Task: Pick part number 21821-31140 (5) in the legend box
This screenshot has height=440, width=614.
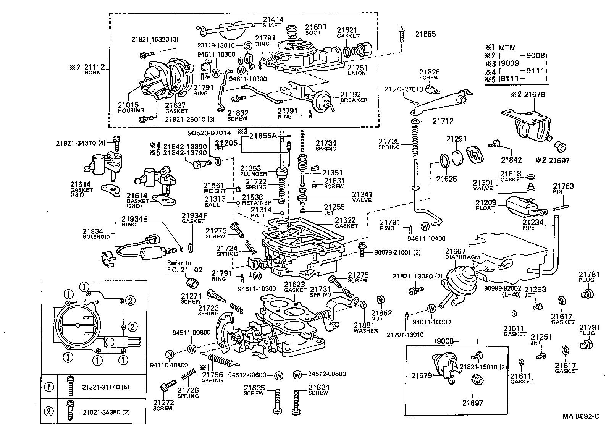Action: point(105,387)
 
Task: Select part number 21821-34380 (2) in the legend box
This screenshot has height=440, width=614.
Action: point(106,412)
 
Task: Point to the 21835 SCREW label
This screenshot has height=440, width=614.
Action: point(254,390)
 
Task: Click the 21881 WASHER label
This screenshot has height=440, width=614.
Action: point(365,328)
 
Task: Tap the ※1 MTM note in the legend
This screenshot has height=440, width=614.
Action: point(500,48)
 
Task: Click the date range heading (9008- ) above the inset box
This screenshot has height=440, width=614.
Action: point(456,341)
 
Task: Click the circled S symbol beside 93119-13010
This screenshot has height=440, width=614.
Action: point(247,46)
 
